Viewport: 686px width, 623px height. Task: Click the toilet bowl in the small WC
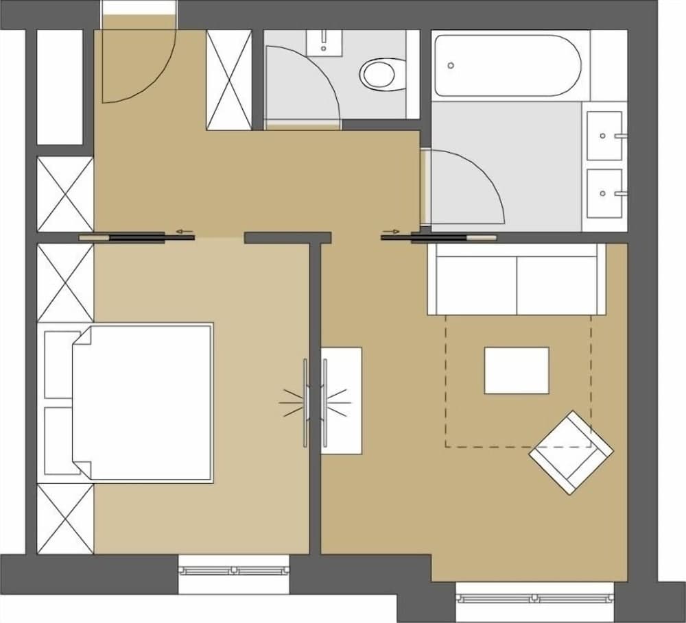pos(379,73)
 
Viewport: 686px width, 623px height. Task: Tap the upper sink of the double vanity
pos(604,135)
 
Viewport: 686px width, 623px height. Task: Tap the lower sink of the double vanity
pos(604,193)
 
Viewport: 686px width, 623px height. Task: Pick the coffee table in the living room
pos(517,371)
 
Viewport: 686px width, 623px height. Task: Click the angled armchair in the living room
pos(571,452)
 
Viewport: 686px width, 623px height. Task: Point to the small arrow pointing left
pos(183,232)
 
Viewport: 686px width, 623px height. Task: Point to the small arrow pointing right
pos(393,232)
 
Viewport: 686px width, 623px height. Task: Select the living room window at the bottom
pos(535,598)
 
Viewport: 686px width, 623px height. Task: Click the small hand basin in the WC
pos(324,42)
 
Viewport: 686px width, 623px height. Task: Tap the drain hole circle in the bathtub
pos(451,66)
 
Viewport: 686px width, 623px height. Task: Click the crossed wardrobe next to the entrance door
pos(228,79)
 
